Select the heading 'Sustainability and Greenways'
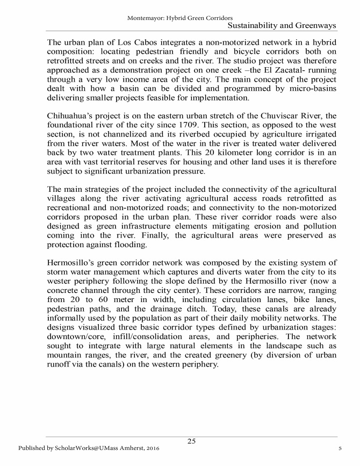click(x=282, y=26)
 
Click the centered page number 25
click(x=191, y=442)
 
